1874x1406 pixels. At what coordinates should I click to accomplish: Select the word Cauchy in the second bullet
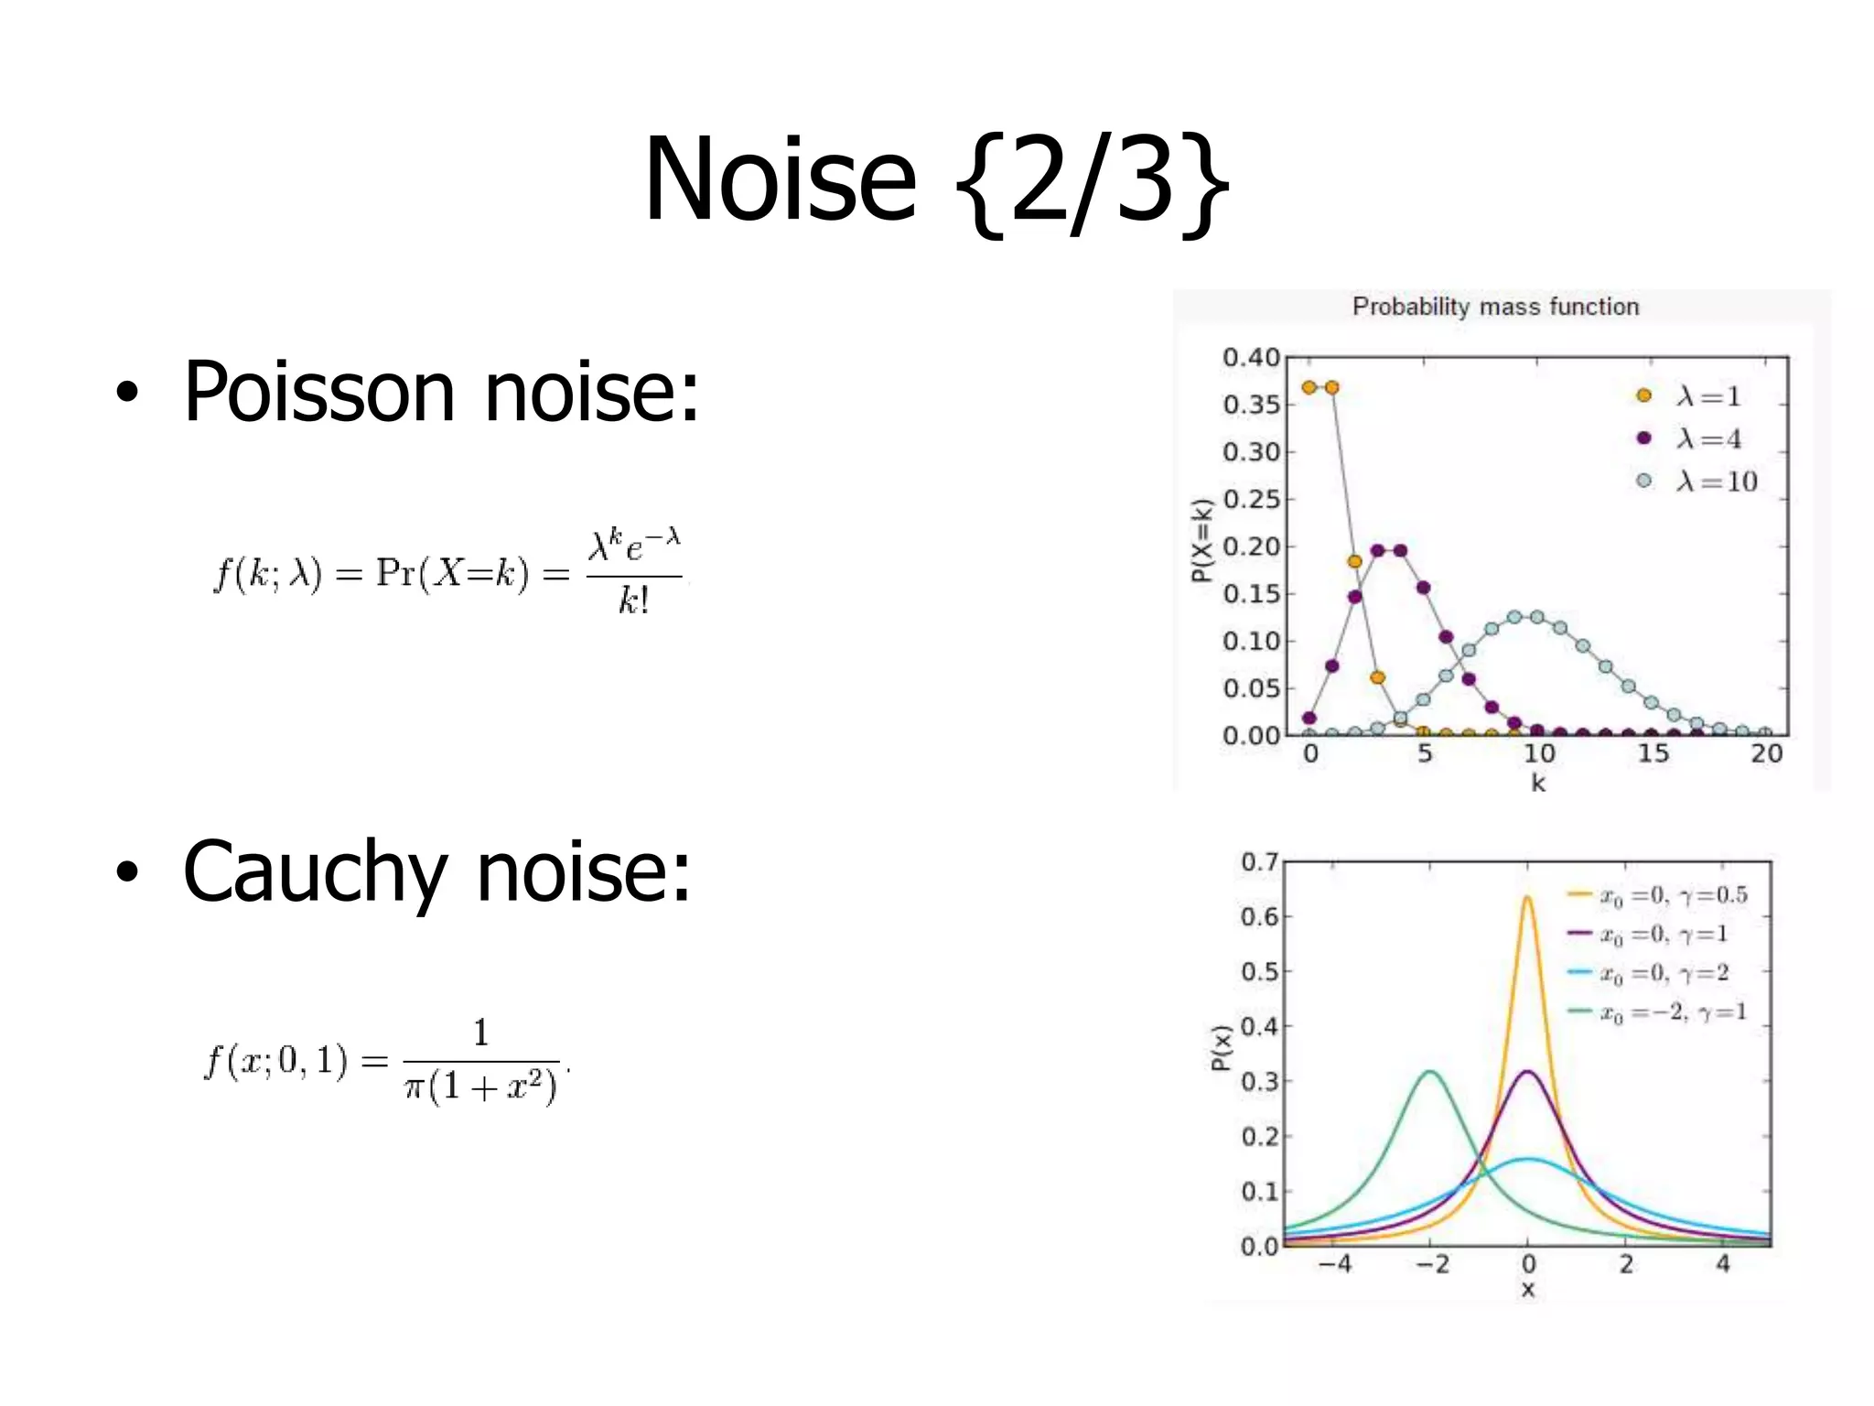click(315, 871)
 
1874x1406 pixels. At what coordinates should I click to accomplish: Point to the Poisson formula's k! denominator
click(633, 600)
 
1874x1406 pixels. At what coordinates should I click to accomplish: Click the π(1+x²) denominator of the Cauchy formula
click(481, 1087)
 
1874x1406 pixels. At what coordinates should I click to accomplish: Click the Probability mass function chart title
click(1495, 307)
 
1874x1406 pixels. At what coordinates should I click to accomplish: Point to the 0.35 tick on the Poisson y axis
click(1251, 405)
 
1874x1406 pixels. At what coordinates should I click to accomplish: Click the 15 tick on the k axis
click(1653, 753)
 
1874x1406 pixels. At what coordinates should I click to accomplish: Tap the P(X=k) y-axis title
click(1201, 540)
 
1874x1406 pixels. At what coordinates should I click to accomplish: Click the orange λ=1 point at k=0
click(1309, 388)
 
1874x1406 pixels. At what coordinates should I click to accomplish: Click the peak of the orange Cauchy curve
click(1527, 898)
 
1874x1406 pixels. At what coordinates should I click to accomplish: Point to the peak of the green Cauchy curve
click(1429, 1072)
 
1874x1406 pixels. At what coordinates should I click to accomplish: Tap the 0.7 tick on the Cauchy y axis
click(1259, 862)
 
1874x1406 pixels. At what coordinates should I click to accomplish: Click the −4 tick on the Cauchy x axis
click(1335, 1264)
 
